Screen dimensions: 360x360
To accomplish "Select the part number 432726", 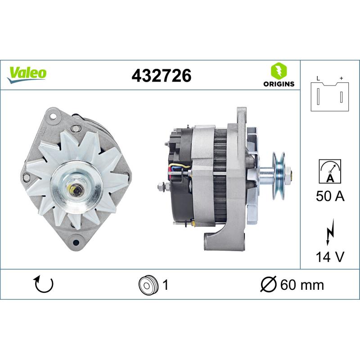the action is [x=162, y=76].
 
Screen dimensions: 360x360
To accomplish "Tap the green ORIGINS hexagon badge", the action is [x=279, y=70].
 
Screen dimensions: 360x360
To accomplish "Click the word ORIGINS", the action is [x=279, y=84].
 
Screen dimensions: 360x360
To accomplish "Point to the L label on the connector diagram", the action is [x=318, y=78].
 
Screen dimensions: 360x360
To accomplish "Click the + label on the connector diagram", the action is [x=342, y=78].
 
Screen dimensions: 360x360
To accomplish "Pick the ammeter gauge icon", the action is [x=330, y=171].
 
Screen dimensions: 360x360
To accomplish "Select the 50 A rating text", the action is [x=330, y=196].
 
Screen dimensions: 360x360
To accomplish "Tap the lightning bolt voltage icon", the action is [x=330, y=232].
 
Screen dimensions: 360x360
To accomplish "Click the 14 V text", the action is [x=330, y=256].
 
